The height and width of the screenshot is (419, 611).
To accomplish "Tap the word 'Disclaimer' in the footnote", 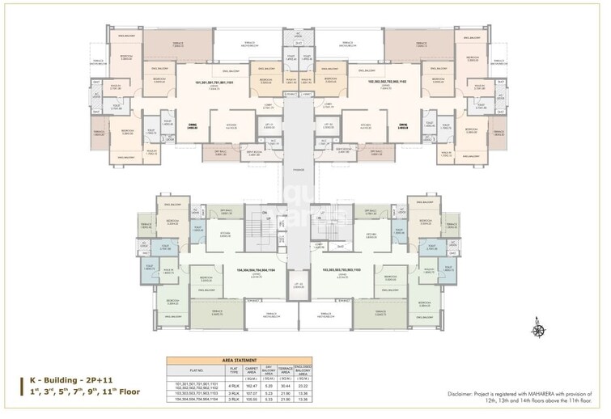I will (x=463, y=394).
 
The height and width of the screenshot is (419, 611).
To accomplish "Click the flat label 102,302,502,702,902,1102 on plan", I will (x=387, y=83).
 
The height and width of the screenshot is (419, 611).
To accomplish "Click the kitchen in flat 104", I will (x=226, y=235).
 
